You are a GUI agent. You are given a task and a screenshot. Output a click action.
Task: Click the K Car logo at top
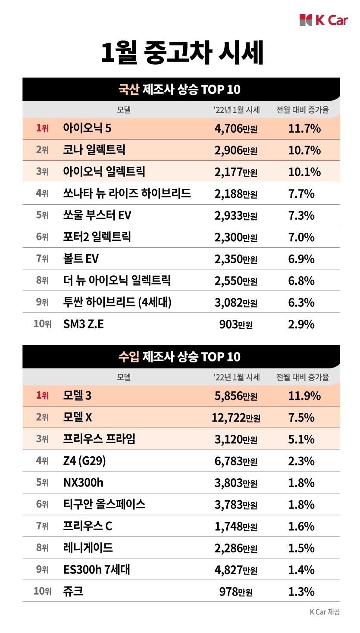click(x=323, y=20)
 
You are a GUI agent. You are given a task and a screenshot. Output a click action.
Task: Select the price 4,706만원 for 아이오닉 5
click(x=235, y=128)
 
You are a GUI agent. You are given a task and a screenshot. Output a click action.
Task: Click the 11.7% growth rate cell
click(x=304, y=128)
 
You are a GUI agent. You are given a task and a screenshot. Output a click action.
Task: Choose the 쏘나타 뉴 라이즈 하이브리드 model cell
click(x=127, y=193)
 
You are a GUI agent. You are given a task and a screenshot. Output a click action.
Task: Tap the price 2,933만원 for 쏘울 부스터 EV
click(x=235, y=215)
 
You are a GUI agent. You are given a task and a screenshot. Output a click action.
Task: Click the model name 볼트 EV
click(x=81, y=259)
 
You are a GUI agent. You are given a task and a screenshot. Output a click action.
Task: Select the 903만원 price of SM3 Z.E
click(x=235, y=324)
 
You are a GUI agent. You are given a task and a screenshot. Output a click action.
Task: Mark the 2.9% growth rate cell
click(x=301, y=324)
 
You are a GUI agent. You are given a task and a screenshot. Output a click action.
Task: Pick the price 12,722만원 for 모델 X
click(x=235, y=418)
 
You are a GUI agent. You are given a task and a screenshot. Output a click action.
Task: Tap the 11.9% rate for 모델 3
click(x=304, y=396)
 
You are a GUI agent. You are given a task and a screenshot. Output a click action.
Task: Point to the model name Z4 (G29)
click(x=84, y=461)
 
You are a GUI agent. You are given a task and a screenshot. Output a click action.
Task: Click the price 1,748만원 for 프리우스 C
click(x=235, y=526)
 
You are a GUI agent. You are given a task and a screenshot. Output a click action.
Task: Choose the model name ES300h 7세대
click(x=96, y=570)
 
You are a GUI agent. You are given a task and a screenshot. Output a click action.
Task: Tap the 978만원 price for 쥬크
click(x=235, y=592)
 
